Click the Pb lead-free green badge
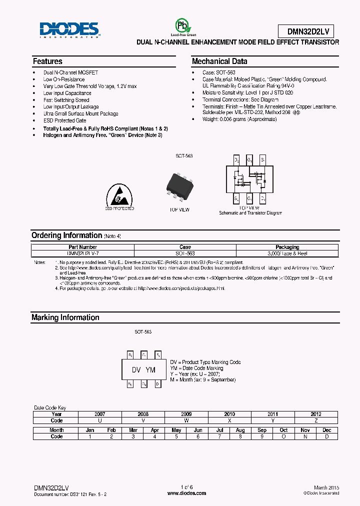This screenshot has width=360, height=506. point(182,27)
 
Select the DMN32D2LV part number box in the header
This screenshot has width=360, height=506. point(307,31)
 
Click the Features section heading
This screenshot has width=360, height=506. point(47,61)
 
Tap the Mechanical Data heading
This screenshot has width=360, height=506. point(219,61)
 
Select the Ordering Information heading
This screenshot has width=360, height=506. point(66,235)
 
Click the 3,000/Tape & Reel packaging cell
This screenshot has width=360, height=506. point(287,253)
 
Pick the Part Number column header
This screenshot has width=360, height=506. point(82,247)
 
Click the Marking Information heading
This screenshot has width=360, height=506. point(65,317)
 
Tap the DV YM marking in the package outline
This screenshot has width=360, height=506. point(143,370)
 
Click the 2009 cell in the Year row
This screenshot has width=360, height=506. point(186,414)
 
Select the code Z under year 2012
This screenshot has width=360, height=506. point(316,420)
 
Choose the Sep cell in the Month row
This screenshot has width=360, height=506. point(262,430)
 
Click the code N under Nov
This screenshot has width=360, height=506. point(305,436)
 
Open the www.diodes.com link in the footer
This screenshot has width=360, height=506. point(186,493)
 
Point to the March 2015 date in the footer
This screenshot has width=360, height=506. point(326,487)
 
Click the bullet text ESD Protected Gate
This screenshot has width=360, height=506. point(64,120)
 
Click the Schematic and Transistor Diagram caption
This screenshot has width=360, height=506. point(250,213)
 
